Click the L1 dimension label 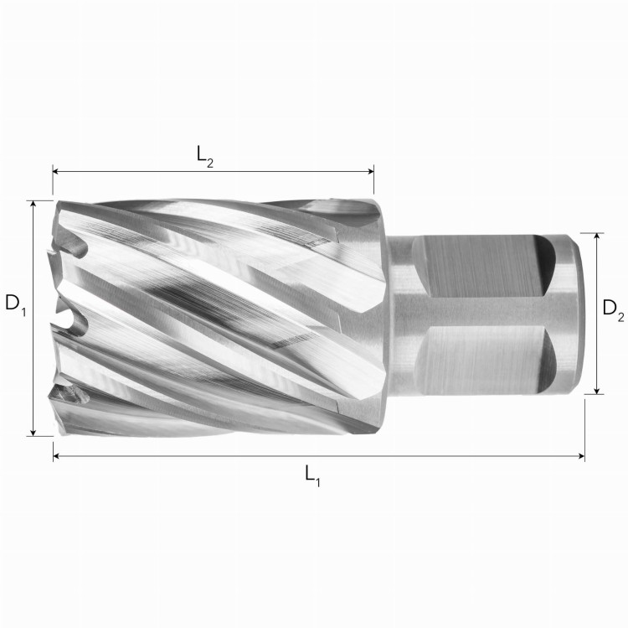pyautogui.click(x=312, y=476)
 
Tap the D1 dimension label pyautogui.click(x=15, y=304)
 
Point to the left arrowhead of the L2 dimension pyautogui.click(x=56, y=172)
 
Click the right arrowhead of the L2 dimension pyautogui.click(x=370, y=172)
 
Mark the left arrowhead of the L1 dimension pyautogui.click(x=56, y=456)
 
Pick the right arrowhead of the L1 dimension pyautogui.click(x=581, y=456)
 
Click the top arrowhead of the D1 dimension pyautogui.click(x=33, y=204)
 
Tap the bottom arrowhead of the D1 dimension pyautogui.click(x=33, y=433)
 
